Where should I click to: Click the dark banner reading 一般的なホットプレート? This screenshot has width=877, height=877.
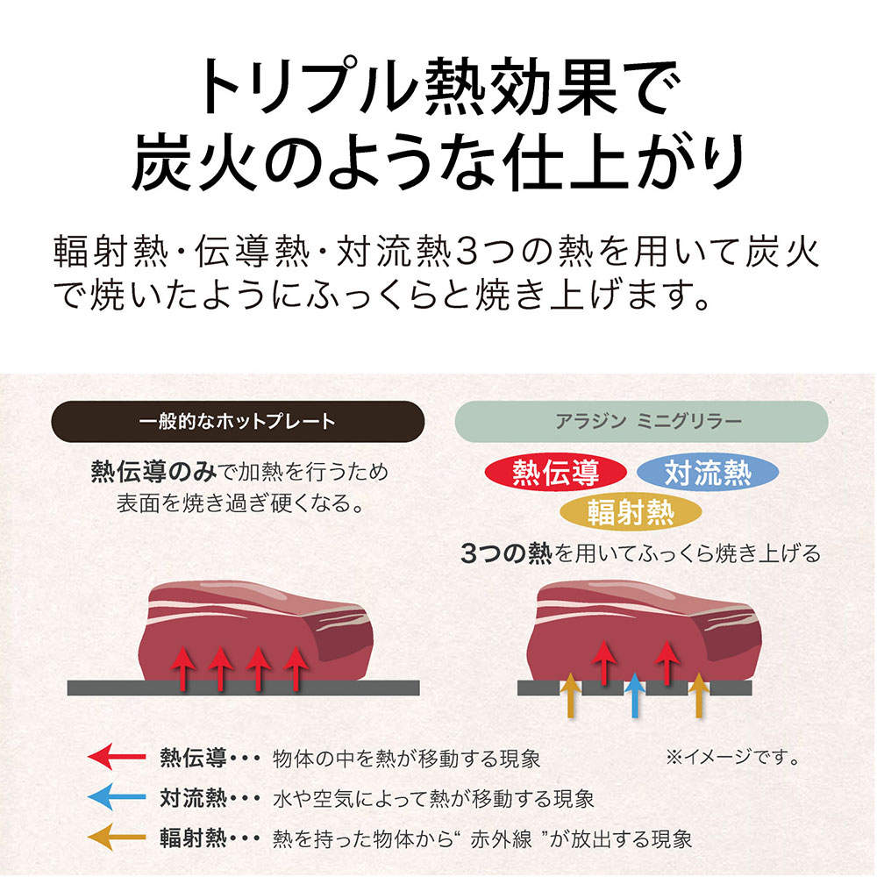pyautogui.click(x=238, y=421)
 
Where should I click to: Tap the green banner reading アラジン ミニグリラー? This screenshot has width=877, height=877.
pyautogui.click(x=642, y=421)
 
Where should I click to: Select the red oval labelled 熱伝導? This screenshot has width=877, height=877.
pyautogui.click(x=556, y=473)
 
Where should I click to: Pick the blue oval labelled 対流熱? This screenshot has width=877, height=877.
pyautogui.click(x=708, y=473)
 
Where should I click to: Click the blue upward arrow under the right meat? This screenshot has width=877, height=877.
pyautogui.click(x=634, y=695)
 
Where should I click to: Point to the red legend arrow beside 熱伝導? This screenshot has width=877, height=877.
pyautogui.click(x=117, y=758)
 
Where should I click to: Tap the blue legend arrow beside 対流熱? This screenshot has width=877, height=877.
pyautogui.click(x=117, y=797)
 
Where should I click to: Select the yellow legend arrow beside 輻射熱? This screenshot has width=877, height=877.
pyautogui.click(x=117, y=838)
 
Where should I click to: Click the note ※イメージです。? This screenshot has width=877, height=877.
pyautogui.click(x=733, y=758)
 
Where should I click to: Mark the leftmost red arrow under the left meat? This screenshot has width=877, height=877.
pyautogui.click(x=183, y=668)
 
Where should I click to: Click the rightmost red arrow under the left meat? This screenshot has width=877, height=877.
pyautogui.click(x=295, y=668)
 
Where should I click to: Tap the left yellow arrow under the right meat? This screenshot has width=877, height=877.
pyautogui.click(x=571, y=695)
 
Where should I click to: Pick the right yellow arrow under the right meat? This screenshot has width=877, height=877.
pyautogui.click(x=699, y=695)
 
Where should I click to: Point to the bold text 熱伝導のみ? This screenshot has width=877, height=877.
pyautogui.click(x=153, y=472)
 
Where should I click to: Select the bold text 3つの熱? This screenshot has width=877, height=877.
pyautogui.click(x=506, y=553)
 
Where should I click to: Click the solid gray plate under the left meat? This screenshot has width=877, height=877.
pyautogui.click(x=243, y=688)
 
